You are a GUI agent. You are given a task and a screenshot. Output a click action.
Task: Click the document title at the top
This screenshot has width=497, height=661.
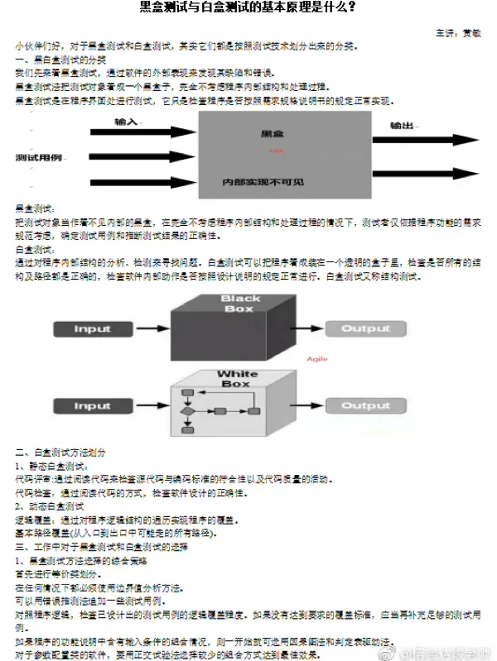tap(248, 8)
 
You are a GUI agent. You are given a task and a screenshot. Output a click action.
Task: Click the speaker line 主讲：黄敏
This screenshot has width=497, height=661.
tap(460, 31)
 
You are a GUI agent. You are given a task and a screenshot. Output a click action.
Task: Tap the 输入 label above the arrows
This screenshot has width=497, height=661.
tap(127, 122)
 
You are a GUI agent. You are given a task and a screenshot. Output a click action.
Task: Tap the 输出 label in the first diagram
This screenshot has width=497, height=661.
tap(402, 126)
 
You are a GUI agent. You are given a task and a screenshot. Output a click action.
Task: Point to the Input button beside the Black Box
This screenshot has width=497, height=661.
tap(92, 329)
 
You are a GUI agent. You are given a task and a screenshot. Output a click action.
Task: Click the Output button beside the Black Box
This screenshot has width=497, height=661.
tap(365, 329)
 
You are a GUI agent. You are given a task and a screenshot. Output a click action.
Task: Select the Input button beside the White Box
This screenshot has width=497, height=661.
tap(92, 406)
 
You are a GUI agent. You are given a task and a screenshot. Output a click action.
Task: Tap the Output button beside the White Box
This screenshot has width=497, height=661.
tap(365, 406)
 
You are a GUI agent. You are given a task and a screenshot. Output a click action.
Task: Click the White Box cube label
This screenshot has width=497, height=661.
tap(238, 379)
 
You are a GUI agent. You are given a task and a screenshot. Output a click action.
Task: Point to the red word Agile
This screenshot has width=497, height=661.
tap(317, 359)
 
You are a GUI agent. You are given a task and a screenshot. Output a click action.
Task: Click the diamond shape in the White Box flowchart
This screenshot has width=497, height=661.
tap(188, 410)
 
